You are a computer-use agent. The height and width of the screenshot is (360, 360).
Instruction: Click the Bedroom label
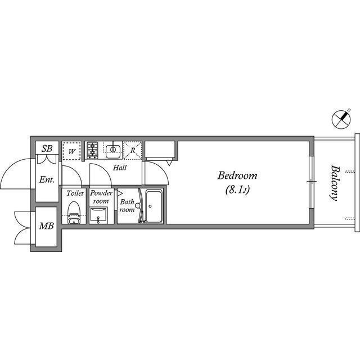[x=237, y=175]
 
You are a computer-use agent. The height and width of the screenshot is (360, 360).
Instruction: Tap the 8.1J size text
[x=237, y=190]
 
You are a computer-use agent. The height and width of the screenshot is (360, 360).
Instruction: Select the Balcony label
[x=335, y=183]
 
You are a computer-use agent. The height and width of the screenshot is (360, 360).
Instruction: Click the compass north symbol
[x=341, y=119]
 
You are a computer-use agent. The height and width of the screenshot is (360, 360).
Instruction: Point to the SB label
[x=47, y=148]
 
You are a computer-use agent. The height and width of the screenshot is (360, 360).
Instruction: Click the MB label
[x=46, y=226]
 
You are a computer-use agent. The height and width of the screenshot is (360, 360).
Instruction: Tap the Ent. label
[x=47, y=179]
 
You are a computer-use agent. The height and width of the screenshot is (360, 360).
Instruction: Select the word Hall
[x=120, y=168]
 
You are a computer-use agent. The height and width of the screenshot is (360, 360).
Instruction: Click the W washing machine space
[x=72, y=151]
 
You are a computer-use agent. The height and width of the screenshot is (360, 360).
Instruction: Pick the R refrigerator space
[x=133, y=151]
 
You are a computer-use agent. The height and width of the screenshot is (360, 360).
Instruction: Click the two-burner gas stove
[x=92, y=150]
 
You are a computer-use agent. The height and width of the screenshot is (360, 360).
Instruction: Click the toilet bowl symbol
[x=74, y=213]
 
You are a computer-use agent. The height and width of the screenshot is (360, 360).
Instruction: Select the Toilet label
[x=75, y=193]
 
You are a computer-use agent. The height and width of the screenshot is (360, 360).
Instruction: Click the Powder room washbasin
[x=98, y=215]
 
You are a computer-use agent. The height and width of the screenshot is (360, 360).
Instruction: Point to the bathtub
[x=154, y=206]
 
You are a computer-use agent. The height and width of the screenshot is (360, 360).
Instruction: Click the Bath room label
[x=127, y=206]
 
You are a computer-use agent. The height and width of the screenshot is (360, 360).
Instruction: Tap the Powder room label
[x=101, y=197]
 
